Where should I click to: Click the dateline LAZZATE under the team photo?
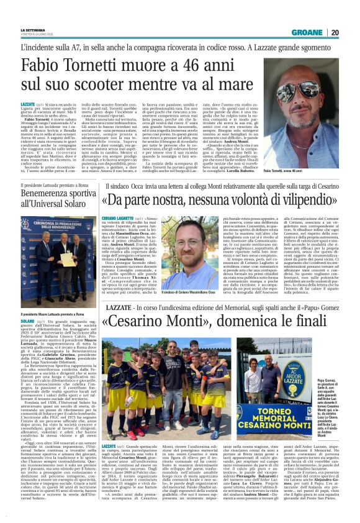pos(109,446)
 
